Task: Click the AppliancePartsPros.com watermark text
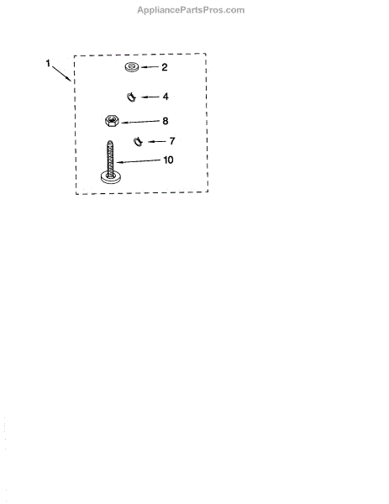pos(191,10)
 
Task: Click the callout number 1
pos(48,63)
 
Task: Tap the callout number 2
pos(165,67)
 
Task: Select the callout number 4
pos(166,97)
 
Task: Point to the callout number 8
pos(166,121)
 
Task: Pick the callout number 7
pos(172,141)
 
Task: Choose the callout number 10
pos(169,160)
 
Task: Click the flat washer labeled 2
pos(132,67)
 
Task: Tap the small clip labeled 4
pos(131,97)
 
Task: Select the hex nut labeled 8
pos(112,121)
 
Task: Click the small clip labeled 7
pos(138,141)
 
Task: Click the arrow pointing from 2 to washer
pos(150,67)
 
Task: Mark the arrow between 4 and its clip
pos(150,97)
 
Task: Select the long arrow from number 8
pos(140,122)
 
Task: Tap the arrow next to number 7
pos(157,141)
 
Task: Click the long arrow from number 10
pos(138,161)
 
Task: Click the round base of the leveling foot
pos(111,177)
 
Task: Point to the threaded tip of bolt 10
pos(109,142)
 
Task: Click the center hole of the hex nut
pos(112,120)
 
